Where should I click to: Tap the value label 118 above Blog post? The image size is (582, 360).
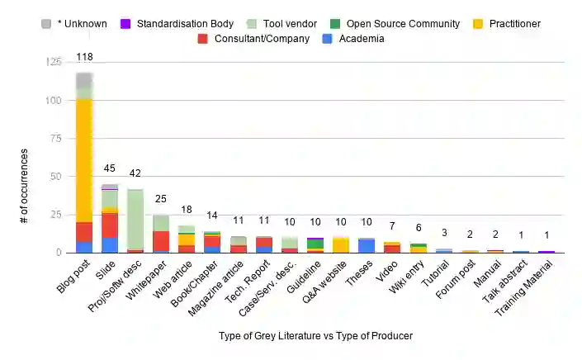click(x=84, y=56)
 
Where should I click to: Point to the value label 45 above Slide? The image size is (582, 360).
click(x=110, y=168)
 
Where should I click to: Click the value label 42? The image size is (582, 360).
click(x=135, y=173)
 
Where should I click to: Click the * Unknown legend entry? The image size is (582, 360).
click(x=74, y=23)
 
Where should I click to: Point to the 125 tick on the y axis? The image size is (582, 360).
click(x=54, y=63)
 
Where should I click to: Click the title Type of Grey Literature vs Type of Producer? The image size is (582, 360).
click(x=315, y=336)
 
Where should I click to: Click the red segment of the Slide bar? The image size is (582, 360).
click(x=110, y=225)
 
